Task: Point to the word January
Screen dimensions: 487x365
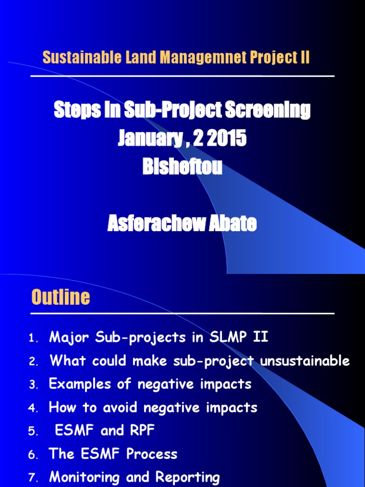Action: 149,139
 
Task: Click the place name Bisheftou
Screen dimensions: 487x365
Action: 182,167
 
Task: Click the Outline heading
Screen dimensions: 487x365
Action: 60,297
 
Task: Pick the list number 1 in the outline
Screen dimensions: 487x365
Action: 32,339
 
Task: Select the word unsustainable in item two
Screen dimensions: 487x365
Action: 305,361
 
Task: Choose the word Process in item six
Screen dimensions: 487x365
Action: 152,454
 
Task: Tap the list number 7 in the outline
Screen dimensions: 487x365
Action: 32,478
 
